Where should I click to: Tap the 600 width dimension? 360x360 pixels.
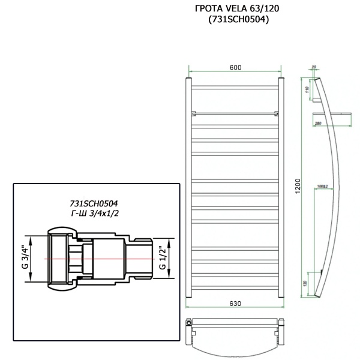235,67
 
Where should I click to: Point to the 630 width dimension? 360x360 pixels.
235,304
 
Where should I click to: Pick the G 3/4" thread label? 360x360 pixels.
25,256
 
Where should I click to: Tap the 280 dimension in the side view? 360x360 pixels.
317,124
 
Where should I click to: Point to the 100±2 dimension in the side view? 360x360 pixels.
323,186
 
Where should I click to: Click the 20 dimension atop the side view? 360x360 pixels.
314,67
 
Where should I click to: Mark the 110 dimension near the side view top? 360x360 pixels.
307,90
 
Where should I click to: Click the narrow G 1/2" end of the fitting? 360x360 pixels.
142,257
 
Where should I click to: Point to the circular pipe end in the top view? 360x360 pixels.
190,322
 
